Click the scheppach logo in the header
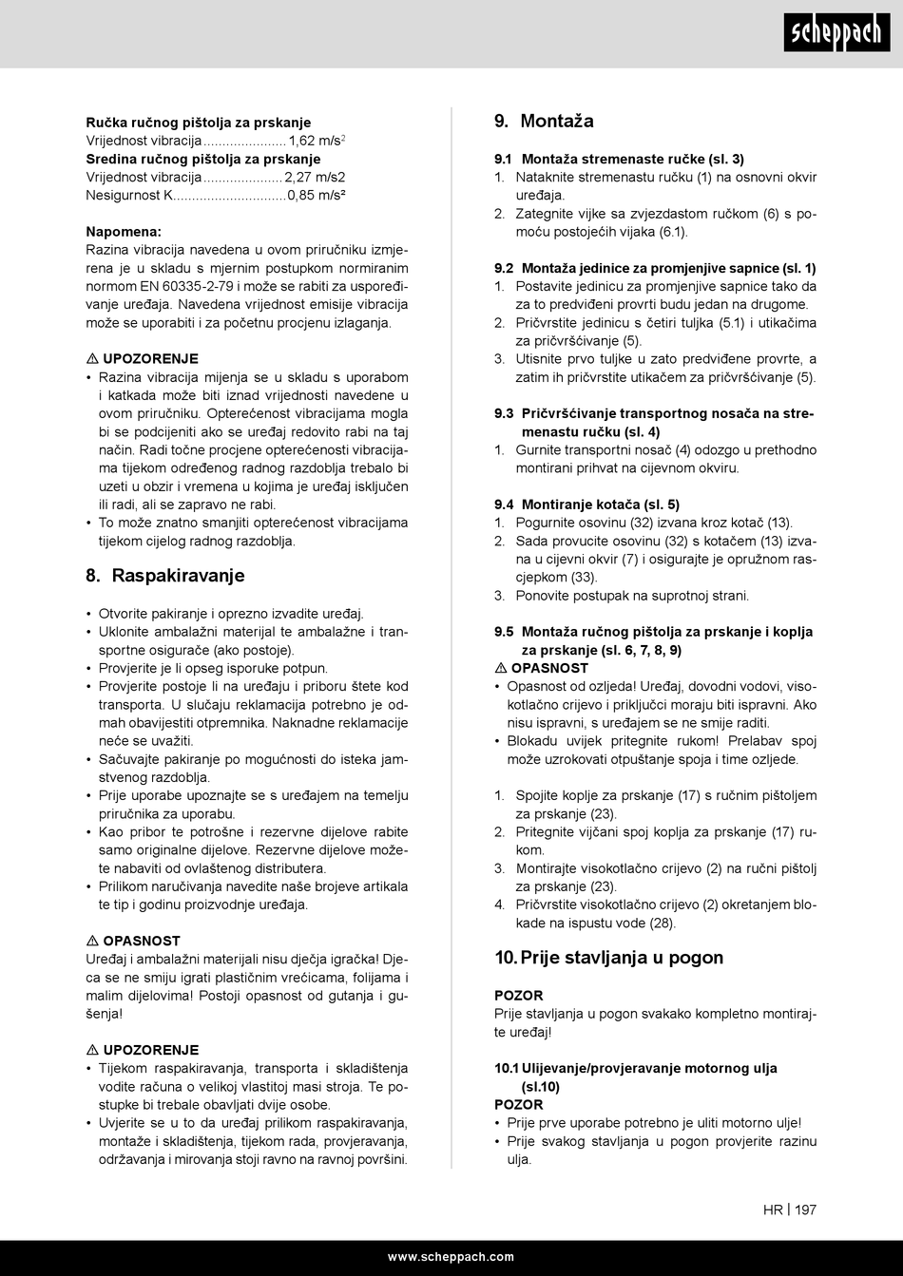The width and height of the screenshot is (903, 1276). (x=836, y=34)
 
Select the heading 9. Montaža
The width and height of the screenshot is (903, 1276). (x=544, y=121)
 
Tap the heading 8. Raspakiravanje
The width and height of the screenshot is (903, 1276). (x=165, y=575)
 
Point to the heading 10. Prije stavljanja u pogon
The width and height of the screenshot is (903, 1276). (x=608, y=957)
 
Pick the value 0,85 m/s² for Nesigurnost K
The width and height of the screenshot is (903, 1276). (x=317, y=195)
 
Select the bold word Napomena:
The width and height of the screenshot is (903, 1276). (x=124, y=231)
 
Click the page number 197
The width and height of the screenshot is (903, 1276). (x=806, y=1209)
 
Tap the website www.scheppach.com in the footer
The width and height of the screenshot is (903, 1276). (x=451, y=1256)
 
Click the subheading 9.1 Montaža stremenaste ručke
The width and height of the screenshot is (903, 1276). (x=619, y=159)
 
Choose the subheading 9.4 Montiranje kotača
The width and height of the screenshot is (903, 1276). (x=586, y=505)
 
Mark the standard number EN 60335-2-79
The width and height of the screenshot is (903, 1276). (x=182, y=286)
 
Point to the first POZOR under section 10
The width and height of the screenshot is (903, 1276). (x=518, y=995)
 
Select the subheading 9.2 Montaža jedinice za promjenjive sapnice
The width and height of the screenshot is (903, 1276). (x=654, y=268)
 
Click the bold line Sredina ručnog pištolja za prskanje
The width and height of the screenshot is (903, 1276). (x=202, y=159)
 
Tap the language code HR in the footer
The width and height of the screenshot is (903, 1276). (x=772, y=1209)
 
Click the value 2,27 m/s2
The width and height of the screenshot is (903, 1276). (x=315, y=177)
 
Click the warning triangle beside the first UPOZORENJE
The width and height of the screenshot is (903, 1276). (x=92, y=359)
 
